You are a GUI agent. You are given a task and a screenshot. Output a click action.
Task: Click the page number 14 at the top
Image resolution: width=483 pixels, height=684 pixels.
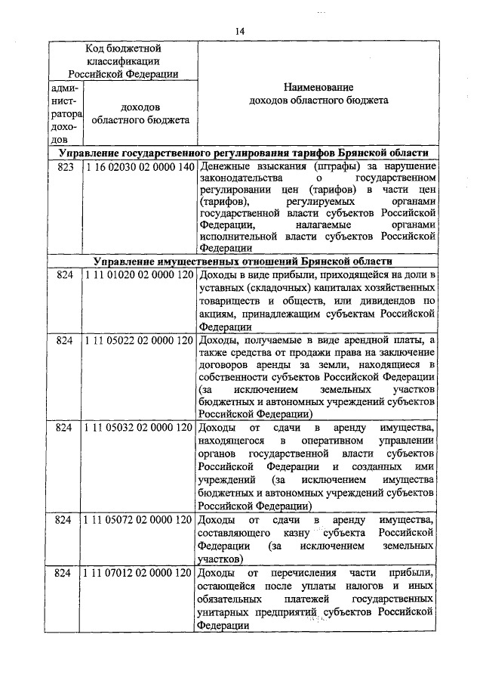(x=240, y=30)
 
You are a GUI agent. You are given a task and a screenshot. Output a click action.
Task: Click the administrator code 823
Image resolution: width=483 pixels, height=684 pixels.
(x=63, y=166)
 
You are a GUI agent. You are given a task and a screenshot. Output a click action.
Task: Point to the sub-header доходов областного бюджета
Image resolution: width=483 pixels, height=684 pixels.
(x=140, y=113)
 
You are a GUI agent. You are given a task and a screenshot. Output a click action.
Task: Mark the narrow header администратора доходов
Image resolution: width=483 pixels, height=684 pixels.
(x=63, y=113)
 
